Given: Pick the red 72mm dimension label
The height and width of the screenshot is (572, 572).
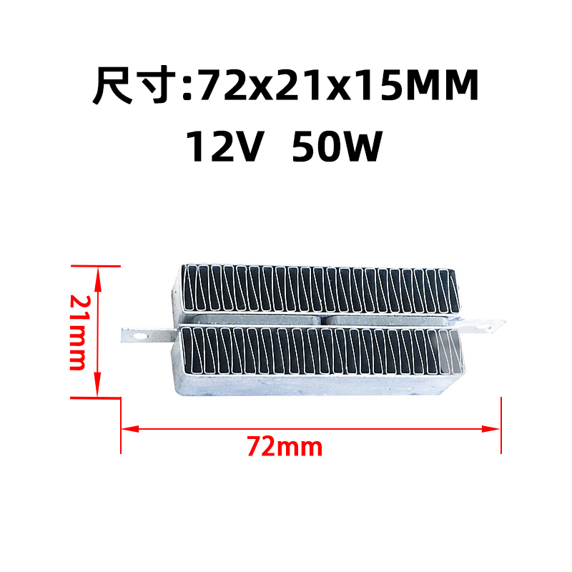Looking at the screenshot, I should tap(285, 448).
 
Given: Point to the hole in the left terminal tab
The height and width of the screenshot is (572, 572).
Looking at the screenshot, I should tap(134, 333).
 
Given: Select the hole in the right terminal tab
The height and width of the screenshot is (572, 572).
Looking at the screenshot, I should tap(490, 326).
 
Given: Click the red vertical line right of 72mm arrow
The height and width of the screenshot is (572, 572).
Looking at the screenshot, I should tap(502, 425).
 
